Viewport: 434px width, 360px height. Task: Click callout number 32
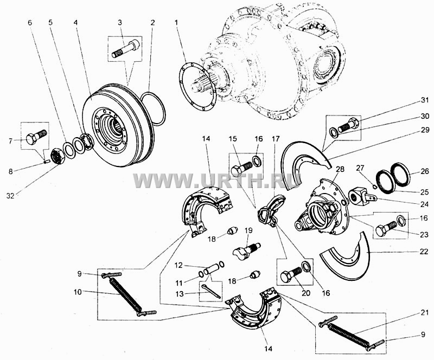click(10, 196)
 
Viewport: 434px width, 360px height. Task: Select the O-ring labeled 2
click(153, 109)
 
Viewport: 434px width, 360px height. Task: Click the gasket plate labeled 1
click(197, 87)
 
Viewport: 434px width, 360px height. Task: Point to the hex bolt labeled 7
click(36, 136)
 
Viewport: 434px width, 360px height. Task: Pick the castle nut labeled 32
click(59, 156)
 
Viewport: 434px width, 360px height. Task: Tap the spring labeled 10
click(126, 295)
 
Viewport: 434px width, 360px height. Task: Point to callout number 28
click(340, 169)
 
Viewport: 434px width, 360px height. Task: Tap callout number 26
click(425, 172)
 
